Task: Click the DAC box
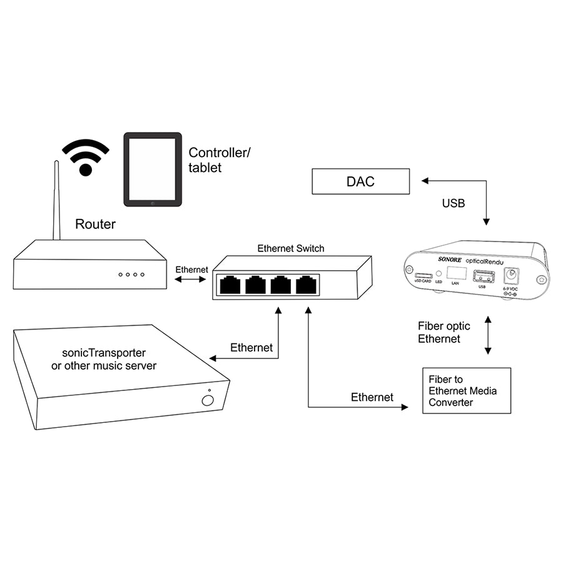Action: (361, 181)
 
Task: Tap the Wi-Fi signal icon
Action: (86, 157)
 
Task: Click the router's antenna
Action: (56, 200)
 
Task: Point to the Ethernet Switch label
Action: (291, 248)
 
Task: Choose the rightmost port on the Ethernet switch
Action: (307, 285)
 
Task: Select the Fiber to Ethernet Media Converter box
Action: (467, 390)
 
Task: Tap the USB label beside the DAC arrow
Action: (454, 203)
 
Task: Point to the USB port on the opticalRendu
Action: (482, 275)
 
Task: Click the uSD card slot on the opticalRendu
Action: (424, 275)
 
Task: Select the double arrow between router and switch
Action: (191, 279)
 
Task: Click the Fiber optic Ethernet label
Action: (444, 332)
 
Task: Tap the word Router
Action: (95, 224)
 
